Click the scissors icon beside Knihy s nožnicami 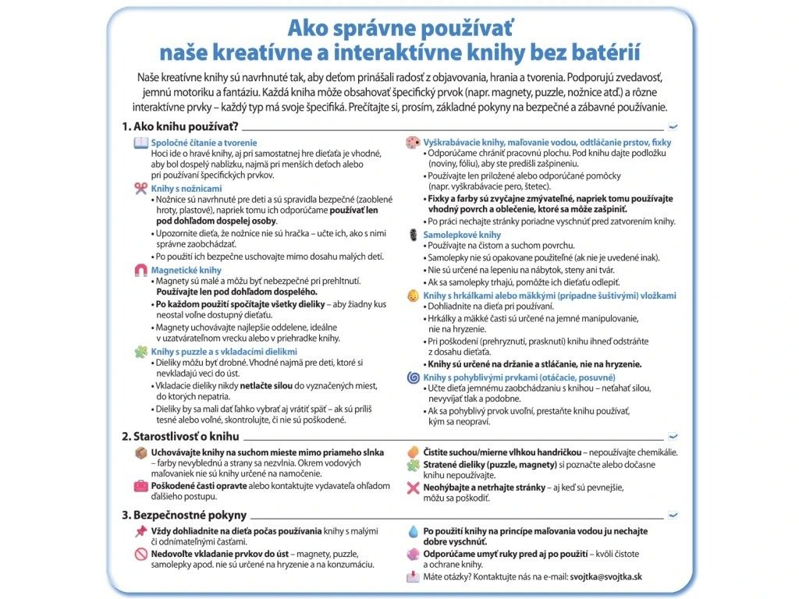pos(140,188)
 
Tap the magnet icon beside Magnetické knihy pos(140,270)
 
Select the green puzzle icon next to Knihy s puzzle pos(140,352)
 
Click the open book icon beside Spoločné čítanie pos(140,143)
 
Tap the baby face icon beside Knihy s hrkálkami pos(413,296)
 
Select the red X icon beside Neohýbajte pos(413,487)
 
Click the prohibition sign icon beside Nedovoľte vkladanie pos(140,554)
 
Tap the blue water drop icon pos(413,531)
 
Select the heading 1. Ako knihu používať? pos(179,126)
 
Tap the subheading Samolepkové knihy pos(462,235)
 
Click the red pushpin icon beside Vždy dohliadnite pos(140,531)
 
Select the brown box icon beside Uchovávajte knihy pos(140,452)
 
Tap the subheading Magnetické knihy pos(186,270)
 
